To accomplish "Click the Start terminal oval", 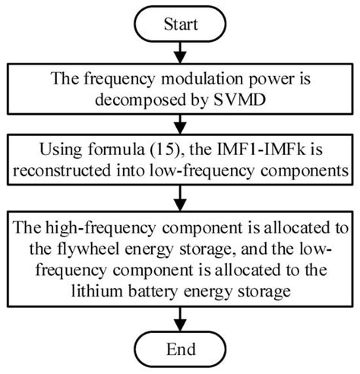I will [180, 24].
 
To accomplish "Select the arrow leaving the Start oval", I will [180, 52].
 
